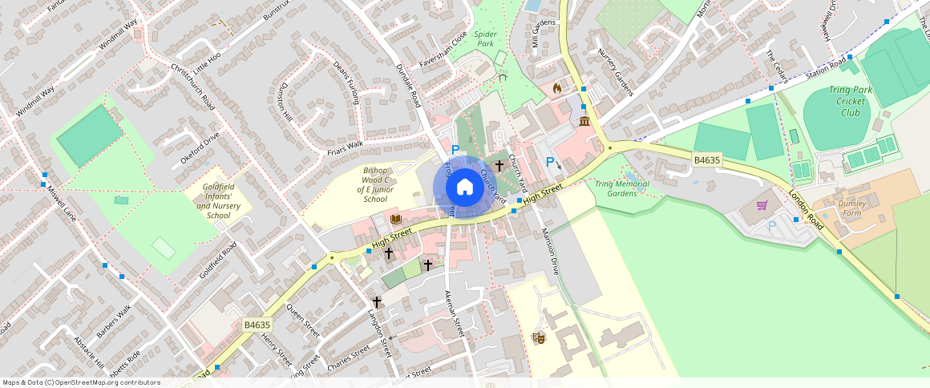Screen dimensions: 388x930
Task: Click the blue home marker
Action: pos(464,187)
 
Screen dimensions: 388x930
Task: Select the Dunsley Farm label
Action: pos(851,209)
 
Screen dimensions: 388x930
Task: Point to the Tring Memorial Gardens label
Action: pos(623,188)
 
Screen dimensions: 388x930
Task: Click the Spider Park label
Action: pos(485,39)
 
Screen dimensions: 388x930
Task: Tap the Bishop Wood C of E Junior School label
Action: pos(375,184)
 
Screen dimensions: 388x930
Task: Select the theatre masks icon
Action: pos(539,338)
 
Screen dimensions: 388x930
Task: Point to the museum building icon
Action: pos(585,121)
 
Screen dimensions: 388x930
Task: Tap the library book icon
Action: pos(395,219)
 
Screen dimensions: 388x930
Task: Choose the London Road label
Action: pos(806,210)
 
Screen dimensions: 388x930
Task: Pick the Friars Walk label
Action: pos(346,148)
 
